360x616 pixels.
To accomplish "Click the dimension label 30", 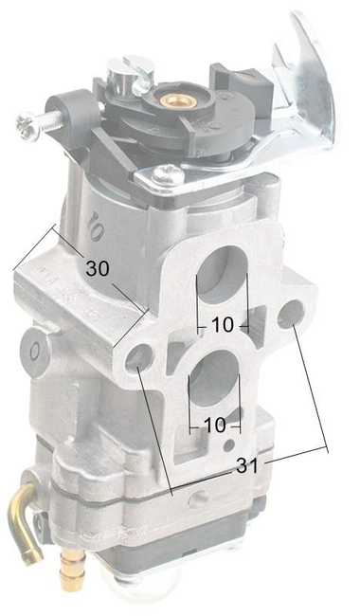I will click(x=98, y=268).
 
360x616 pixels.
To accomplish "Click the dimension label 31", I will click(x=247, y=464).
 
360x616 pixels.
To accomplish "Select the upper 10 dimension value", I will click(x=222, y=324).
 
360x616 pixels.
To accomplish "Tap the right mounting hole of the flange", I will click(x=290, y=313).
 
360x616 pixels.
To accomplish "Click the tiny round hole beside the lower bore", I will click(x=228, y=444).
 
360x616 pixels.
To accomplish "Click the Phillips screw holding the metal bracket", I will click(x=170, y=174).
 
